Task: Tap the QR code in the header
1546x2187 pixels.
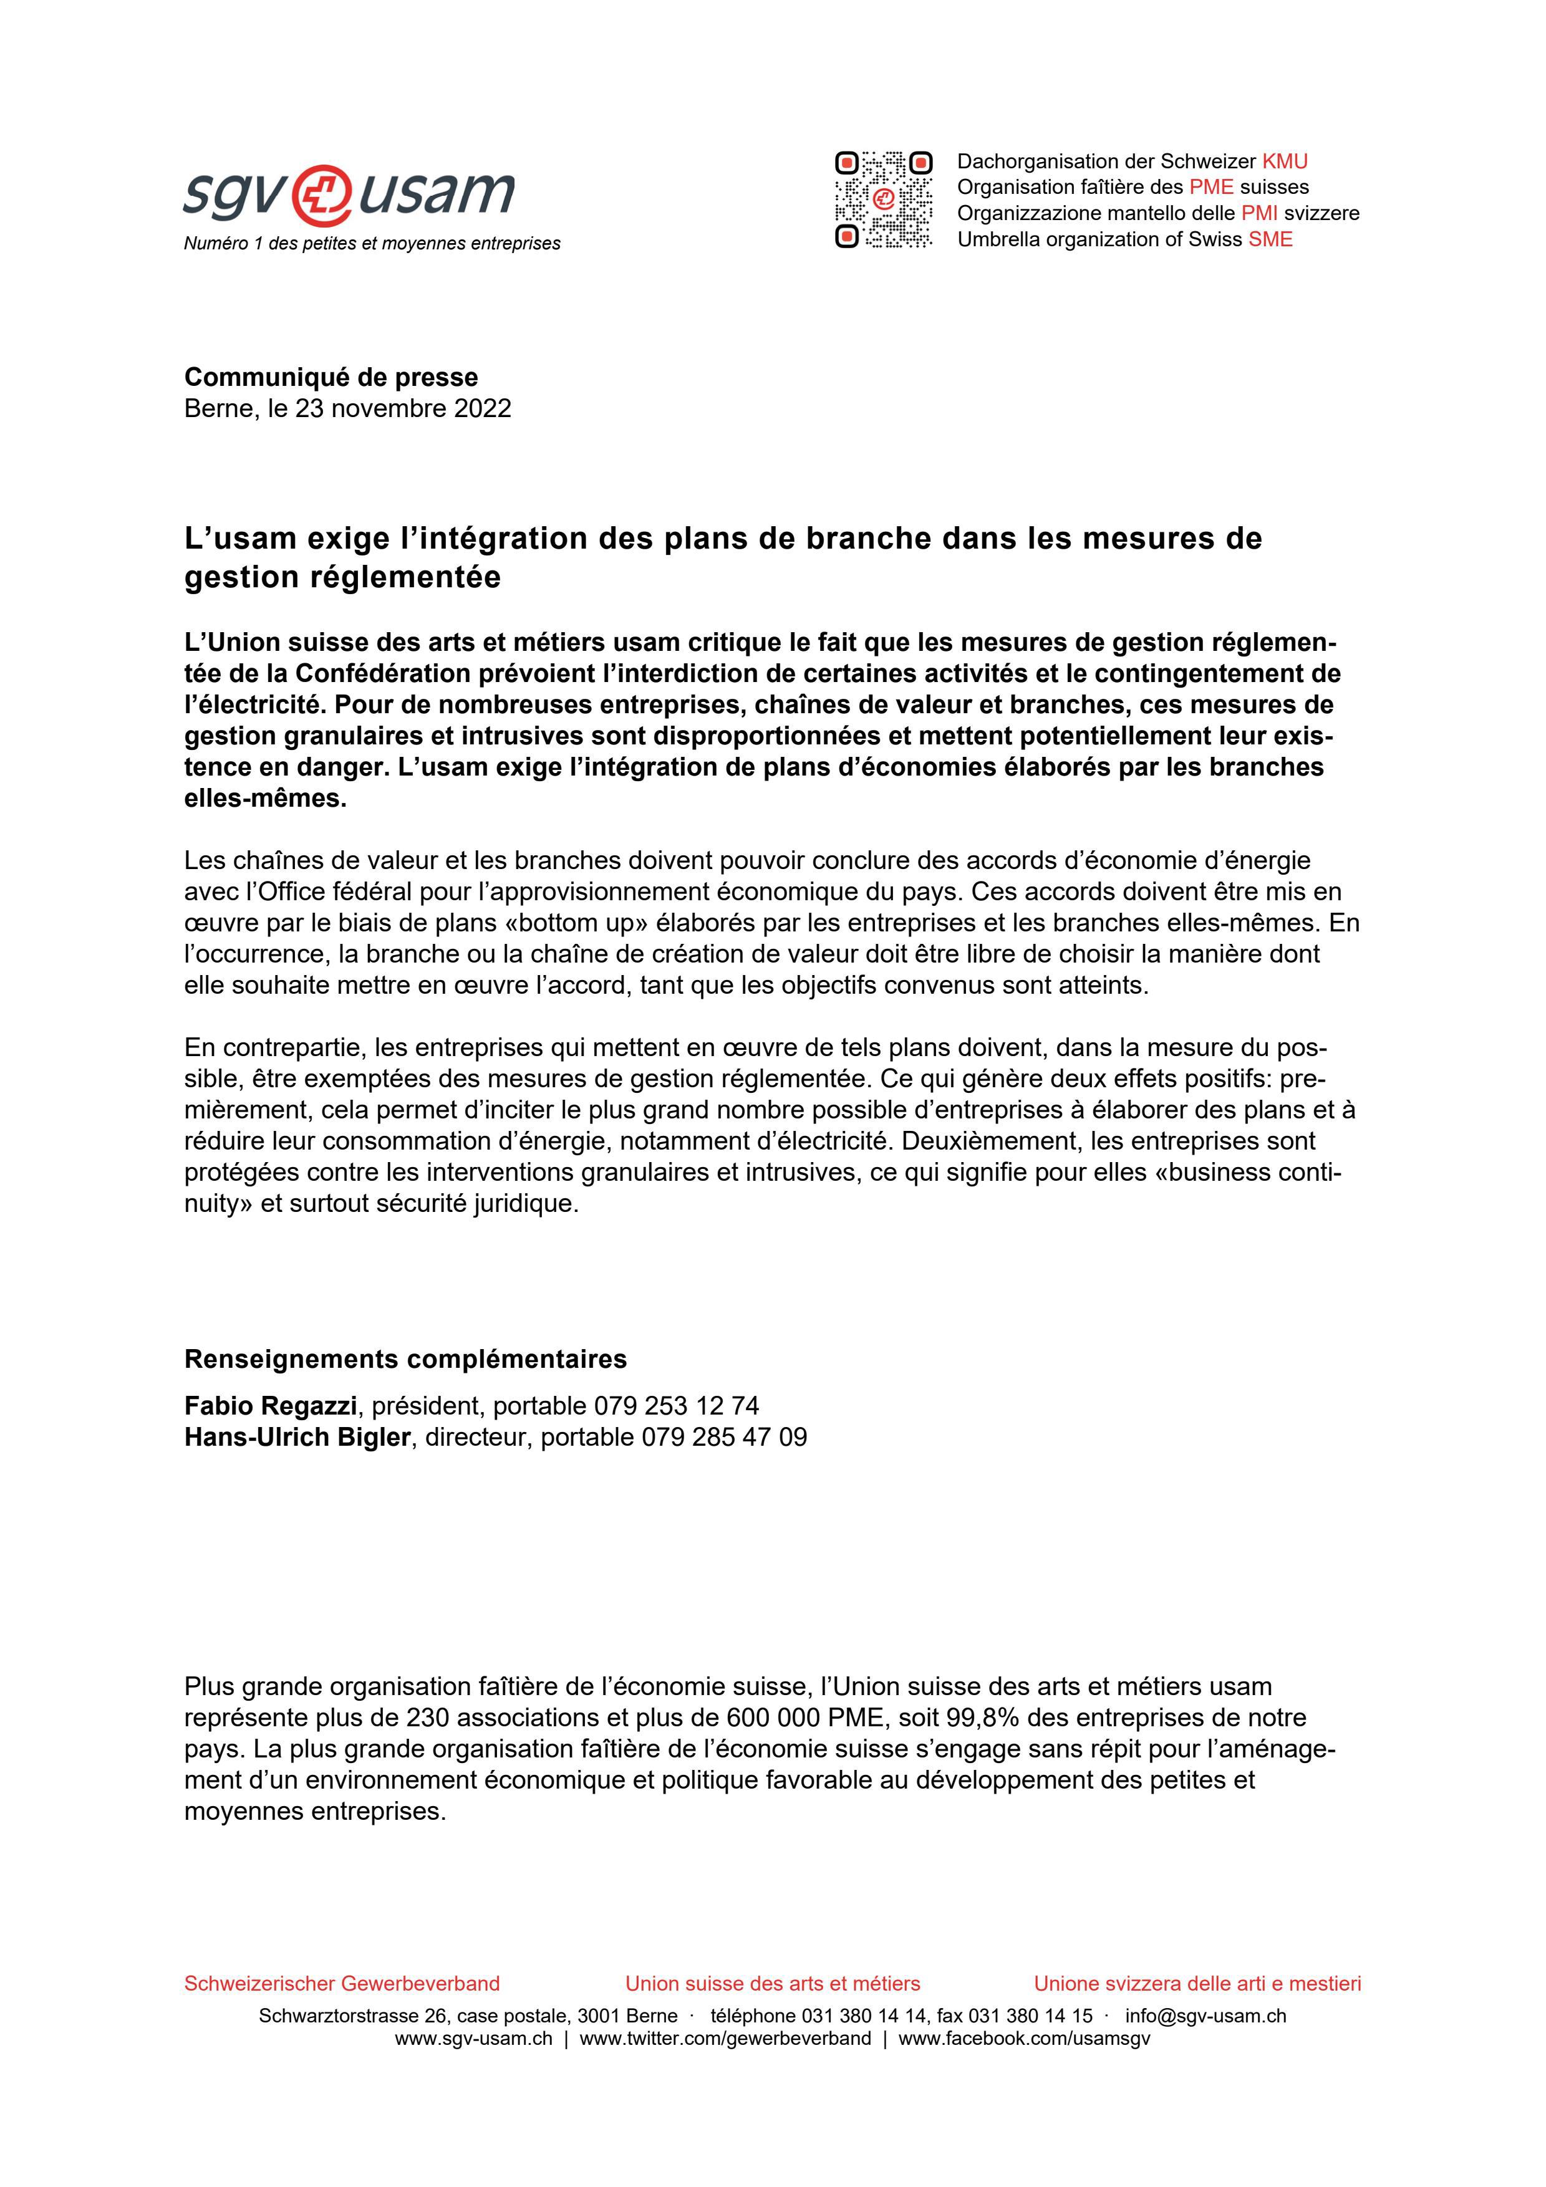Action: pos(883,200)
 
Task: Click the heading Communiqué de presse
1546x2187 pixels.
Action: pos(331,377)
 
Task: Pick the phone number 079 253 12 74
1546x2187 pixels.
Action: pos(676,1406)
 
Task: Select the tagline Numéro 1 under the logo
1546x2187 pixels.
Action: pos(372,244)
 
